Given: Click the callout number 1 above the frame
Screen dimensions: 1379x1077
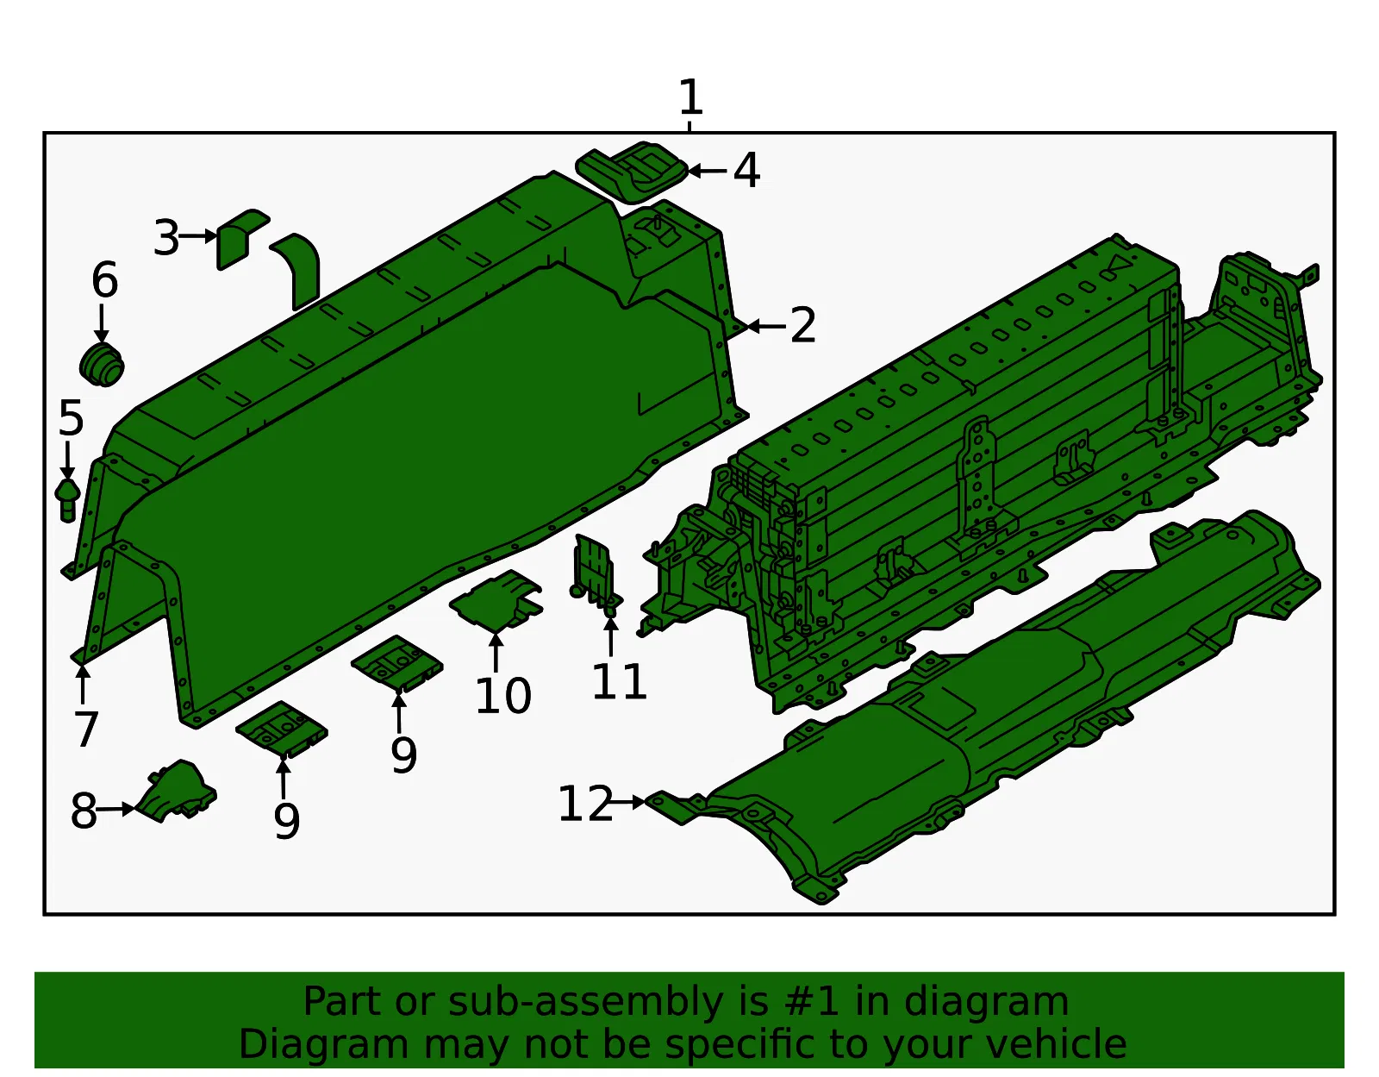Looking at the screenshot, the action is [x=691, y=97].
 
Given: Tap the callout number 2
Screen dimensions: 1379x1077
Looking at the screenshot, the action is [x=802, y=325].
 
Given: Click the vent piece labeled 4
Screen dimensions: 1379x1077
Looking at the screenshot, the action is [x=632, y=172].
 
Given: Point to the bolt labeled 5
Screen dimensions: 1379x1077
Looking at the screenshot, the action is [x=67, y=499].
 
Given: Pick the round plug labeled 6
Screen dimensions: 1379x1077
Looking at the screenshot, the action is [x=102, y=365].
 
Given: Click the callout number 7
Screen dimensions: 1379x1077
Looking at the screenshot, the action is [x=85, y=729].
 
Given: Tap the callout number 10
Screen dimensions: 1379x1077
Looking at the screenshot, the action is [x=502, y=696].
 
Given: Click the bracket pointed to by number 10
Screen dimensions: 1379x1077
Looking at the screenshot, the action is [x=496, y=600].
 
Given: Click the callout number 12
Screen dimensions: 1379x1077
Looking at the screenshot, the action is [x=585, y=803].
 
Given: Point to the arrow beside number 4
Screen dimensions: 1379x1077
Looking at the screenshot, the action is [x=707, y=171].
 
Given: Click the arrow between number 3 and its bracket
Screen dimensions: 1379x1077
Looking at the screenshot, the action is [x=198, y=236].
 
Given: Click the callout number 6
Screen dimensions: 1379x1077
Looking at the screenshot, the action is [x=104, y=280].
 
